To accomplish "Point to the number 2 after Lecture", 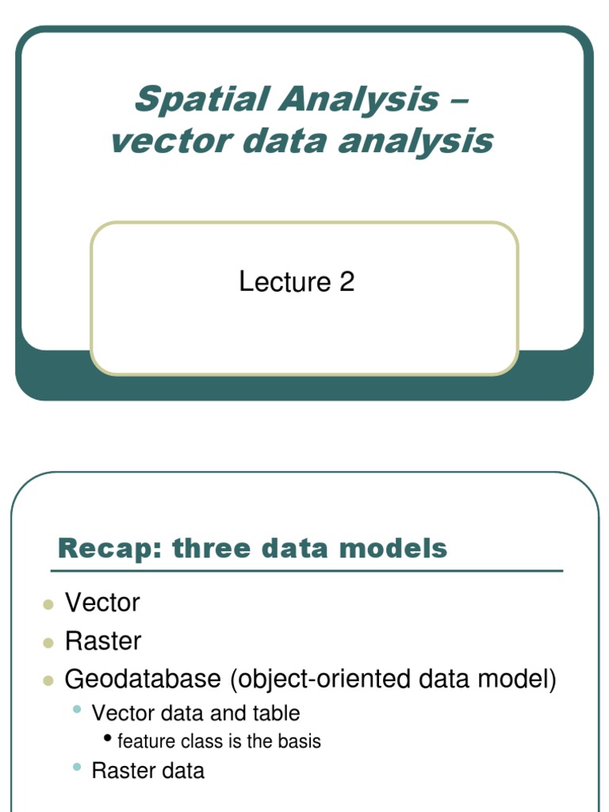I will [x=347, y=282].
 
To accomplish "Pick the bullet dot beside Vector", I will [x=48, y=605].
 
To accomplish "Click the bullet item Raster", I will [x=103, y=641].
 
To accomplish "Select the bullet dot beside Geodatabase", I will [x=48, y=680].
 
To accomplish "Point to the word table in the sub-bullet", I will [x=275, y=713].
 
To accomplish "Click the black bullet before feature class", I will [x=108, y=739].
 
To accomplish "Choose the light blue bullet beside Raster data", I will [x=77, y=766].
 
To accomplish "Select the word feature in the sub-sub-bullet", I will [x=140, y=741].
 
